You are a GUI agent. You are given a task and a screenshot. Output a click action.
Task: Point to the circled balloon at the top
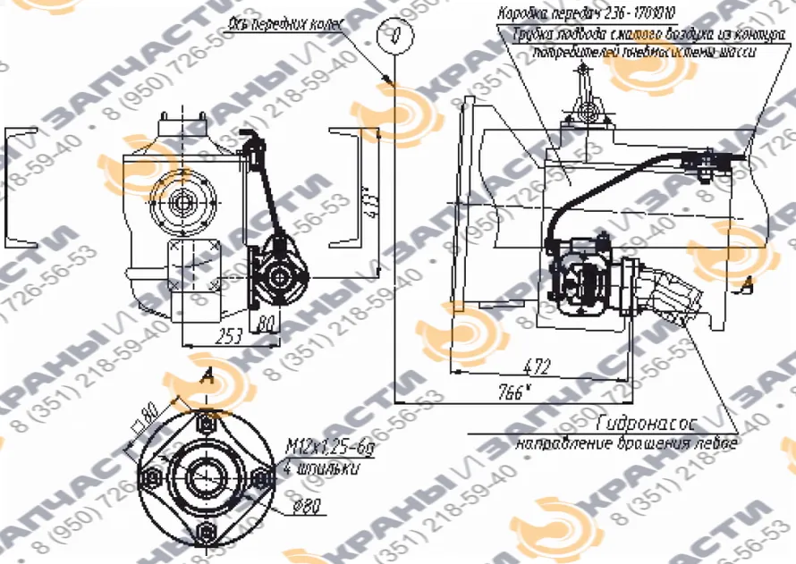391,33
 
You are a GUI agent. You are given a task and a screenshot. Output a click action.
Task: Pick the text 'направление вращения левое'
626,442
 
